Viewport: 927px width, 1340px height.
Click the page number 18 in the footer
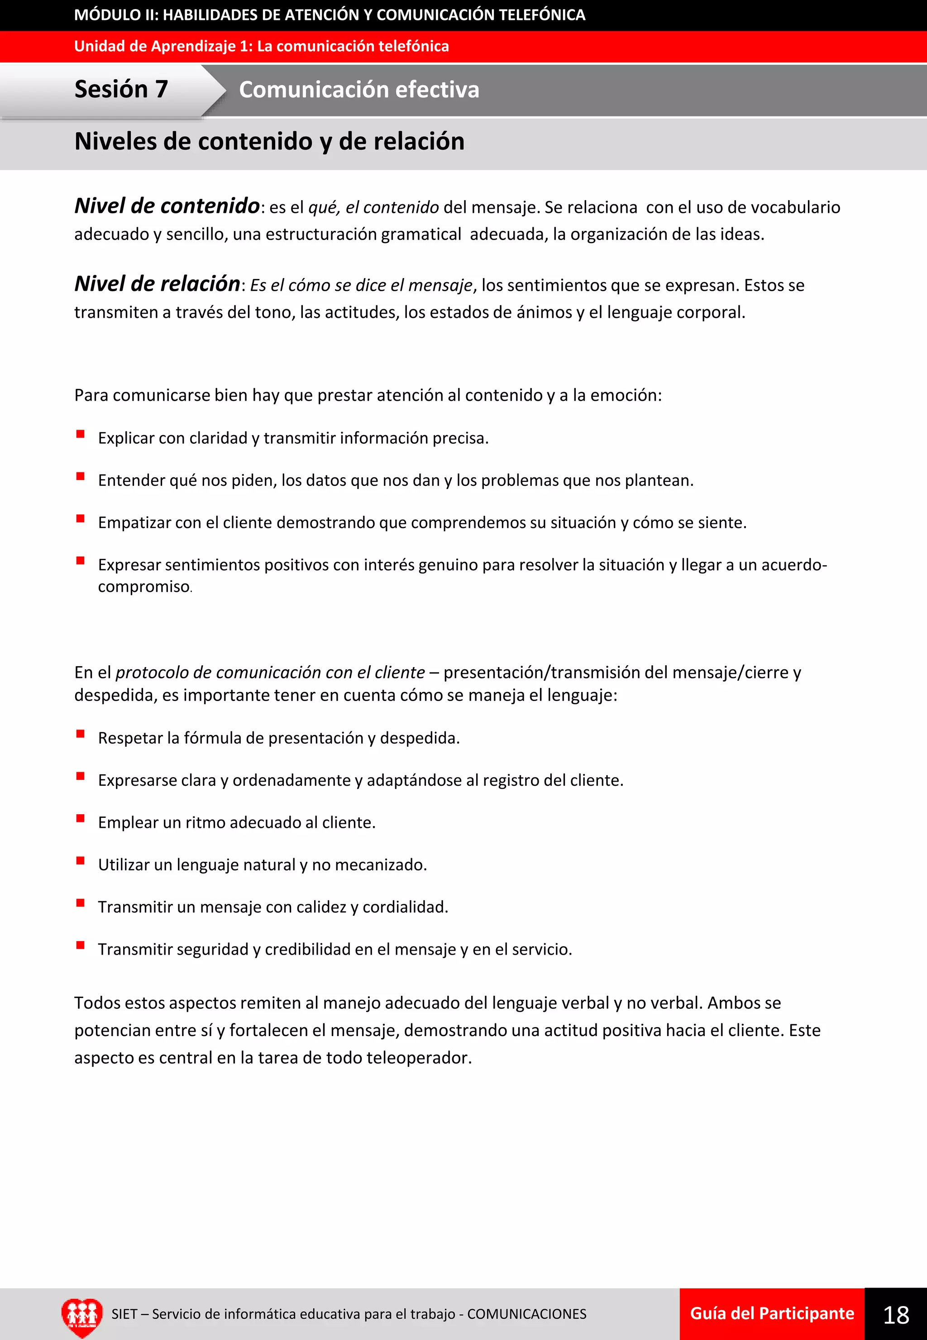896,1315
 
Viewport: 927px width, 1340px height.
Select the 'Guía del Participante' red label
772,1313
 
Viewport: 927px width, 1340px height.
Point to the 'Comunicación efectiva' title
359,90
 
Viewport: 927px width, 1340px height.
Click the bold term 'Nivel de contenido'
167,206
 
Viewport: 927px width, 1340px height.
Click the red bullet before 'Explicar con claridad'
81,434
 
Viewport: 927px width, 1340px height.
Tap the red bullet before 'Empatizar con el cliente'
81,519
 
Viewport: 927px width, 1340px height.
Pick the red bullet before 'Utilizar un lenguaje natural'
81,860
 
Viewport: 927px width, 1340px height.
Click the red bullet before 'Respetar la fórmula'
81,734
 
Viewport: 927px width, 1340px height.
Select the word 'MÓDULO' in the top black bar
107,15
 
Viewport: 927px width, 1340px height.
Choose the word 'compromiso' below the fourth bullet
143,587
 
